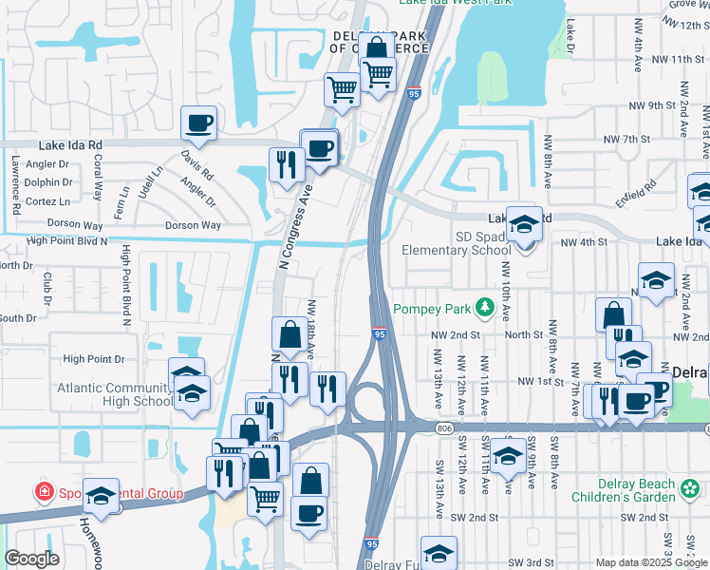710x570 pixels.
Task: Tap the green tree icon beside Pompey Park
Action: pyautogui.click(x=485, y=307)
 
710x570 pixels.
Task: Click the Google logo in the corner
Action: pyautogui.click(x=31, y=560)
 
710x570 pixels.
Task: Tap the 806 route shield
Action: pyautogui.click(x=445, y=429)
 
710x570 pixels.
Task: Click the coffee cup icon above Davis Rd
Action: pyautogui.click(x=198, y=123)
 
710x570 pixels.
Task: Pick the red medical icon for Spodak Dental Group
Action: pyautogui.click(x=43, y=492)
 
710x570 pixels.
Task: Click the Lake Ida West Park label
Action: pyautogui.click(x=456, y=3)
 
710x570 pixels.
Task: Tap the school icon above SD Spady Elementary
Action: pyautogui.click(x=524, y=225)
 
